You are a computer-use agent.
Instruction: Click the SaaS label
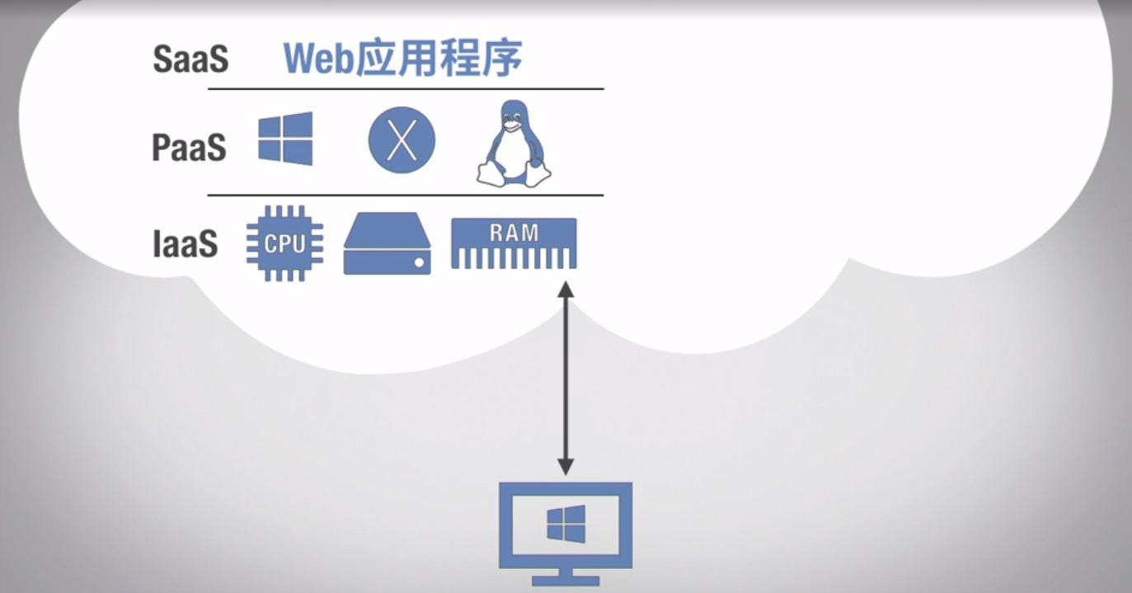tap(190, 60)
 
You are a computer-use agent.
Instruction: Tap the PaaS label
tap(189, 148)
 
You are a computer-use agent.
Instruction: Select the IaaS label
tap(186, 243)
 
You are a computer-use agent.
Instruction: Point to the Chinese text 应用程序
tap(439, 59)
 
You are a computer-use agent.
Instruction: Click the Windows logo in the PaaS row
tap(285, 139)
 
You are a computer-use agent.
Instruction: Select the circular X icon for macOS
tap(402, 140)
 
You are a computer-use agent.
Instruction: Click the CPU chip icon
tap(284, 243)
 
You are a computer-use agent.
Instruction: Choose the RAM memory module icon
tap(514, 243)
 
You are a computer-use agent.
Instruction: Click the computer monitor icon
tap(566, 532)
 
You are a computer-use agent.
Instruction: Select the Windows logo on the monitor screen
tap(566, 524)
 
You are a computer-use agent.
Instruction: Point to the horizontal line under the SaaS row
tap(405, 88)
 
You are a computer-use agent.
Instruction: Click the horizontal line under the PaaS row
tap(405, 195)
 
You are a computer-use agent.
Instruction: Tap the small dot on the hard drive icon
tap(419, 263)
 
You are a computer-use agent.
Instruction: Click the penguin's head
tap(514, 116)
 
